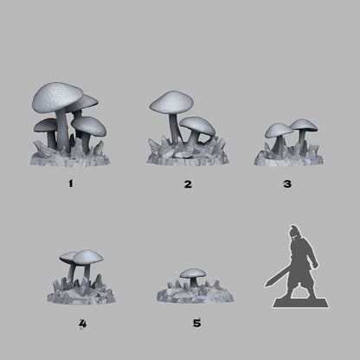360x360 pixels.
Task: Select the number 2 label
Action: coord(188,184)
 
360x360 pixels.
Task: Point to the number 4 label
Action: coord(81,324)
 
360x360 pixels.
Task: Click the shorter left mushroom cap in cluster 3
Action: coord(277,131)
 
